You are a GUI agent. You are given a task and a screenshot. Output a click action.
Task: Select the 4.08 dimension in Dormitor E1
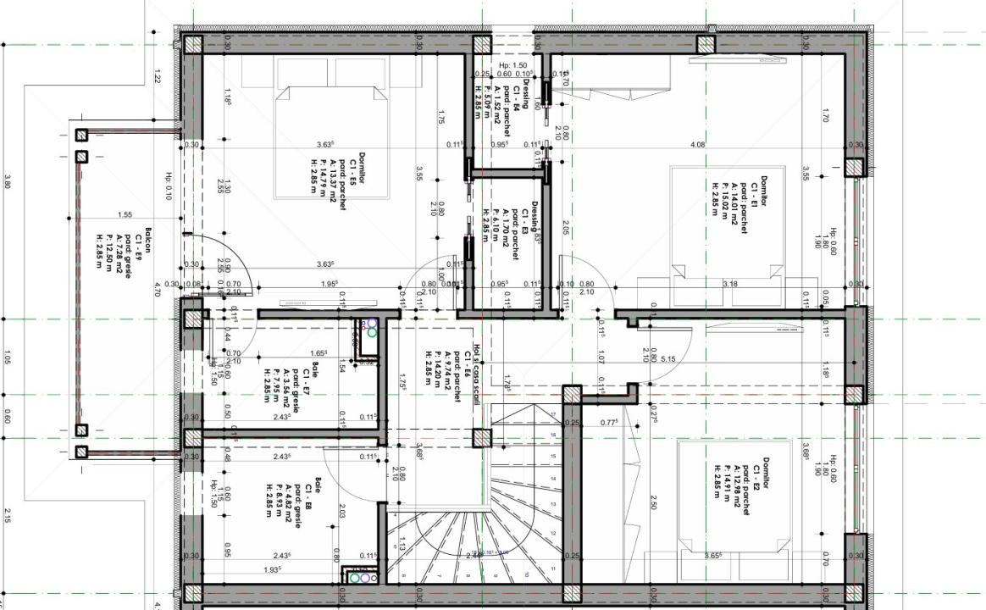point(697,145)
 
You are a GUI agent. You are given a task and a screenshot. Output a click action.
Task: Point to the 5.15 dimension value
point(667,359)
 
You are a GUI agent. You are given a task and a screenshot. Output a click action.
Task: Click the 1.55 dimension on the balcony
point(125,215)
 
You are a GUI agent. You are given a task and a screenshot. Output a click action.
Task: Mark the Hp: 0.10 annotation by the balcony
point(168,187)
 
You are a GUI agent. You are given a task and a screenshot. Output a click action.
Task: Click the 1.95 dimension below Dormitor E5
point(330,285)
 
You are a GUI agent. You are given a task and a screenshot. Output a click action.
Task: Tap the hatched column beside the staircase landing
point(481,439)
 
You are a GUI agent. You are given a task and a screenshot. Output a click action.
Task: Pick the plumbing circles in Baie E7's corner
point(368,329)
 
